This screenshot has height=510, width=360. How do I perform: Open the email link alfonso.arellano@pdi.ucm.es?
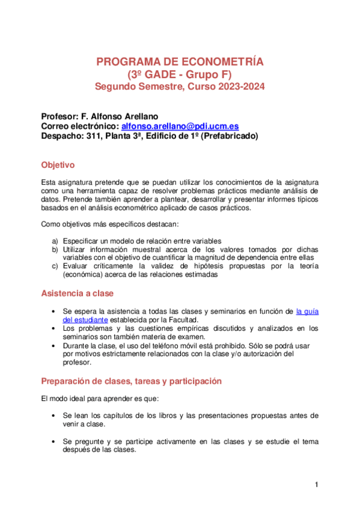(180, 126)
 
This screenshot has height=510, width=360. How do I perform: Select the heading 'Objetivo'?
(57, 164)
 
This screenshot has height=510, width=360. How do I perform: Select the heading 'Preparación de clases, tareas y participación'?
(132, 381)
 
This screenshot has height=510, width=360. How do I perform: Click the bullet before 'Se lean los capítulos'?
(55, 416)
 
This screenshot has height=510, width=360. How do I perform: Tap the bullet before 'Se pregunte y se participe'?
(55, 441)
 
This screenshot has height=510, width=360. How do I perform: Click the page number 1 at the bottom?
(317, 485)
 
